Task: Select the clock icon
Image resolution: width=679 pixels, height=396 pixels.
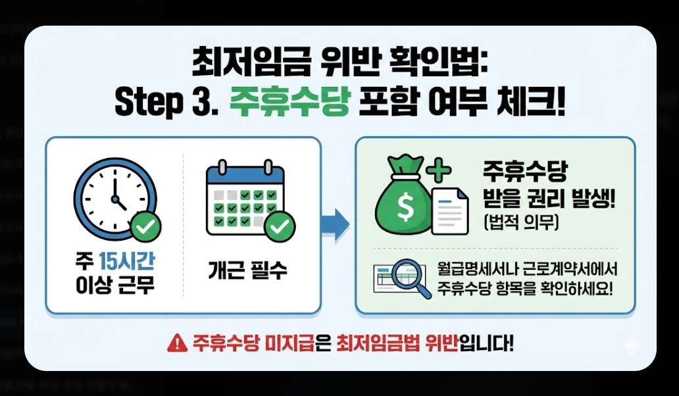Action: point(113,194)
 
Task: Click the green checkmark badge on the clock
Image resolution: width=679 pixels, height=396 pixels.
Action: point(144,227)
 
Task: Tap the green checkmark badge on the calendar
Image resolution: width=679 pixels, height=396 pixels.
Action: point(280,227)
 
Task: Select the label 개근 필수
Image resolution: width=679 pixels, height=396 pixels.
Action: point(248,271)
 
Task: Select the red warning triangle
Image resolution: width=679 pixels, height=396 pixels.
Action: point(176,343)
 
